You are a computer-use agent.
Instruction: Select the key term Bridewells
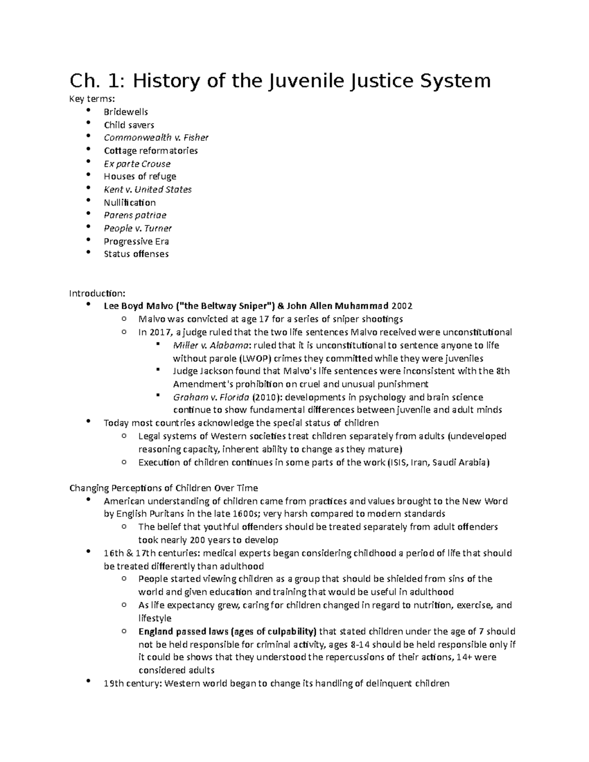click(x=126, y=112)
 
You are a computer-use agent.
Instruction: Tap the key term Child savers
click(x=129, y=125)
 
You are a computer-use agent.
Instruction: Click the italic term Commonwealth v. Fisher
click(x=156, y=137)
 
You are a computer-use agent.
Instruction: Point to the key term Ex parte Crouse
click(x=137, y=163)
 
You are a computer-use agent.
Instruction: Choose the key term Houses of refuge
click(x=140, y=176)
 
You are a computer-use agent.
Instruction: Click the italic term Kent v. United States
click(x=147, y=189)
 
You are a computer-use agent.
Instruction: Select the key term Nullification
click(x=130, y=202)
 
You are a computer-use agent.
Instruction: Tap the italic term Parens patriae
click(x=135, y=215)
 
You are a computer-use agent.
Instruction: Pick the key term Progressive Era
click(x=136, y=241)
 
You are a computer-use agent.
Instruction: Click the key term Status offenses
click(x=136, y=254)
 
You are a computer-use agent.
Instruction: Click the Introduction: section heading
click(x=97, y=293)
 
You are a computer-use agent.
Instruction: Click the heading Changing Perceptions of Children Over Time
click(x=163, y=488)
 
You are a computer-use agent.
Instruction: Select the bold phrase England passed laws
click(x=183, y=631)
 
